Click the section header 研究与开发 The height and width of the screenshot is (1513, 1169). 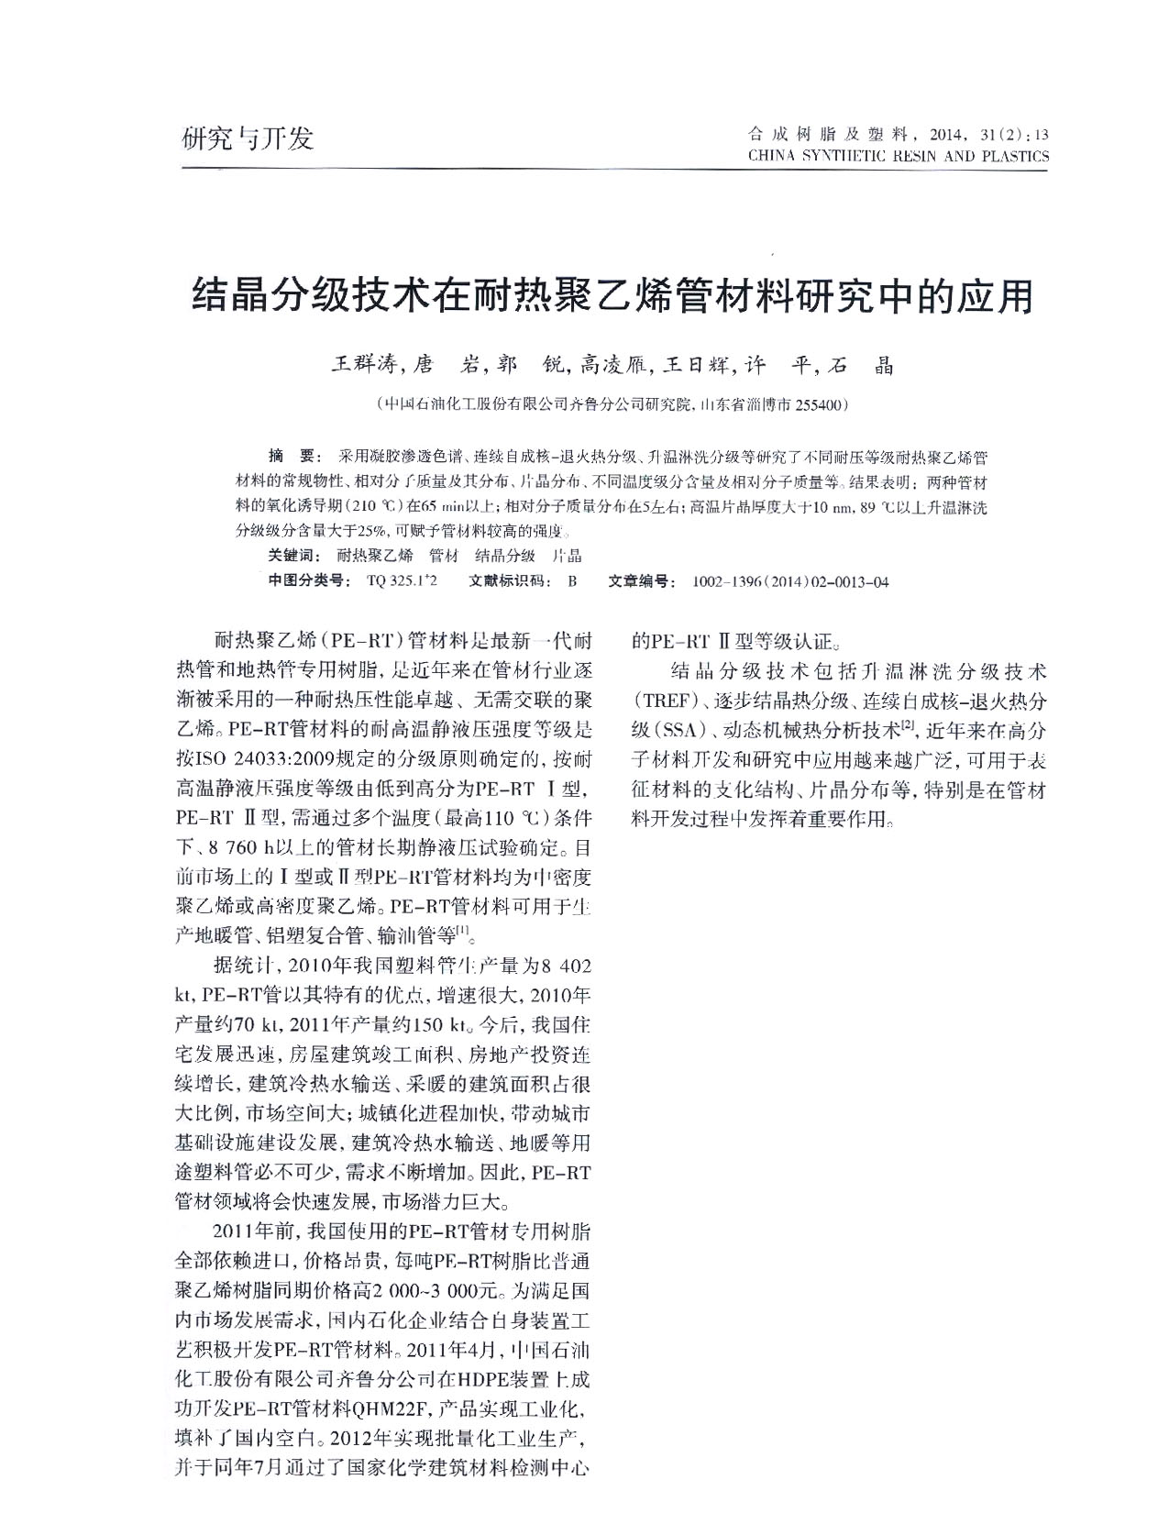pos(248,138)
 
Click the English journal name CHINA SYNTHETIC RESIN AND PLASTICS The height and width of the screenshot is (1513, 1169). pos(898,157)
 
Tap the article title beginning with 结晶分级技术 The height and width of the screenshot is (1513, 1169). pos(612,295)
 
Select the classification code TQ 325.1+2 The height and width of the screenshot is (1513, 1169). pos(402,581)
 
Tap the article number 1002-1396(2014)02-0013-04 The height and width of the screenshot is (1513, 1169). pos(790,581)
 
